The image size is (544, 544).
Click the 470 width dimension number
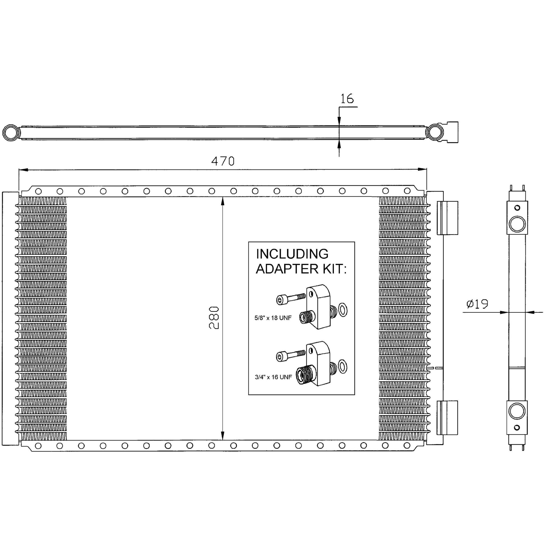(x=223, y=161)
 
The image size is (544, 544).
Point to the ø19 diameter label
(x=477, y=304)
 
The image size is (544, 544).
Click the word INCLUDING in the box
(x=292, y=254)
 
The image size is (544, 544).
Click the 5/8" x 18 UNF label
(x=273, y=318)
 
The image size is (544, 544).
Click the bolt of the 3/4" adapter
(x=291, y=356)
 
